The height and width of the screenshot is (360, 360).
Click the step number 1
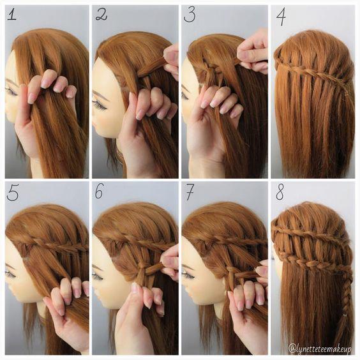[12, 15]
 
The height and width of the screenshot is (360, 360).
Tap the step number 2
[101, 15]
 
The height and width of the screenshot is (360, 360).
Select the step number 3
[190, 15]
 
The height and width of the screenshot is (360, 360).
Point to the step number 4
[281, 17]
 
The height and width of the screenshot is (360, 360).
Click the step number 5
[13, 193]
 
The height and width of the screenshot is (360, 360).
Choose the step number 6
[100, 191]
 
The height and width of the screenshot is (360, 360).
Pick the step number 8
[280, 192]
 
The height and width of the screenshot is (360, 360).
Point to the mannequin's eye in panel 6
[98, 276]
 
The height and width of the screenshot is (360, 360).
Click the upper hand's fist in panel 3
[253, 54]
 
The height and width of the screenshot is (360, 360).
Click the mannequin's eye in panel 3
[186, 94]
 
